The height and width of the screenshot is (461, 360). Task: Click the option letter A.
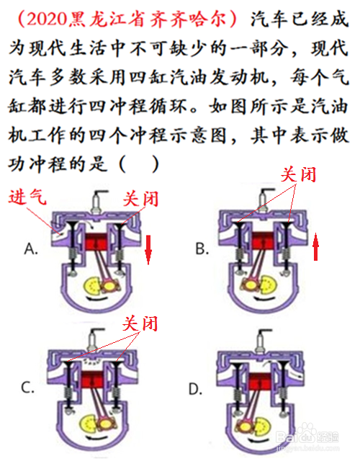pyautogui.click(x=31, y=249)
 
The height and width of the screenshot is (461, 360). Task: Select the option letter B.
pyautogui.click(x=202, y=249)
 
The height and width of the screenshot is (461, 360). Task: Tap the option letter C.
pyautogui.click(x=27, y=388)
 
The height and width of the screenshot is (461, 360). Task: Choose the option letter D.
pyautogui.click(x=195, y=390)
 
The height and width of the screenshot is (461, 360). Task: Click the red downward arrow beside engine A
pyautogui.click(x=148, y=250)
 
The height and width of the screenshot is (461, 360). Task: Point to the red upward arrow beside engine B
pyautogui.click(x=315, y=246)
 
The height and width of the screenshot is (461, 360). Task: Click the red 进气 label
pyautogui.click(x=27, y=197)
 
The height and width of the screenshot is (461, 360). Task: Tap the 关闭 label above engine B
pyautogui.click(x=298, y=174)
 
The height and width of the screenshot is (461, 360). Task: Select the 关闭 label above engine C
pyautogui.click(x=140, y=323)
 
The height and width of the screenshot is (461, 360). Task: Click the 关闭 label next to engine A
pyautogui.click(x=140, y=199)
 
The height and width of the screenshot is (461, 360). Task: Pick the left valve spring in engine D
pyautogui.click(x=237, y=395)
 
